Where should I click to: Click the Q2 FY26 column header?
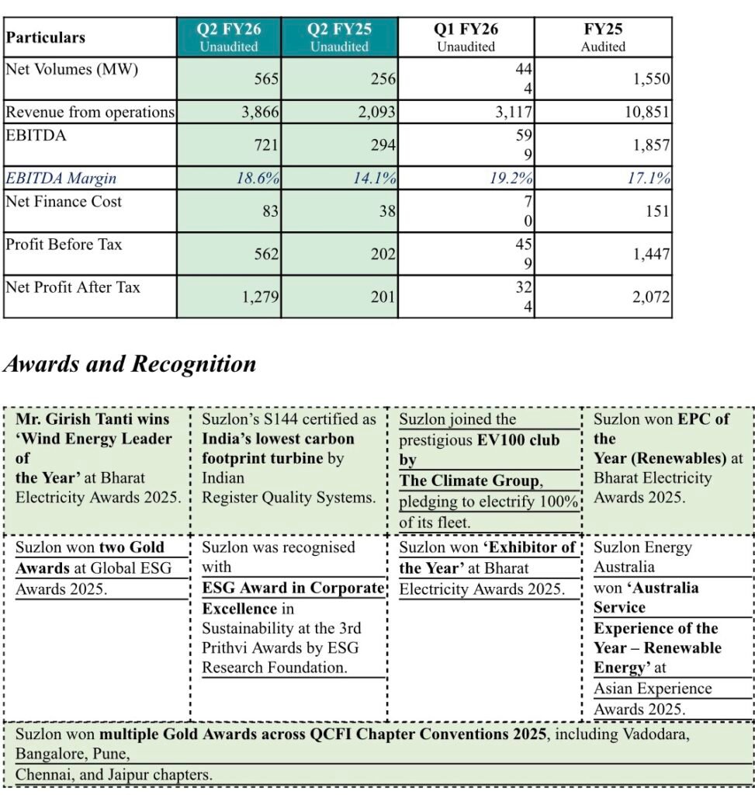point(229,36)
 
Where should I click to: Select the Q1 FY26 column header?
point(466,36)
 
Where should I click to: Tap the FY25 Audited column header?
point(603,36)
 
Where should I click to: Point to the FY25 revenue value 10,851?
point(646,112)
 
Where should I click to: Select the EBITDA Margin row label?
point(61,178)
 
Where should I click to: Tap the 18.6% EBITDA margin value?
point(258,178)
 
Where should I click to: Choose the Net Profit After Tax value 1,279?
point(259,297)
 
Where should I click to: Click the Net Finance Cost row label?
point(64,202)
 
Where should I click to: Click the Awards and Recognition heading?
point(130,363)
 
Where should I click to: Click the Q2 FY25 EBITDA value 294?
point(383,145)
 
